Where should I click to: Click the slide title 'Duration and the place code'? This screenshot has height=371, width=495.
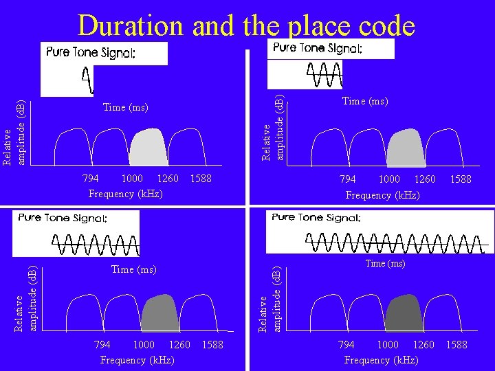[246, 26]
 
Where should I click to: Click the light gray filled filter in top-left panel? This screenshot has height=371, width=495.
[148, 148]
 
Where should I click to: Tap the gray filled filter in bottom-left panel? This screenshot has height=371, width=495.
[160, 314]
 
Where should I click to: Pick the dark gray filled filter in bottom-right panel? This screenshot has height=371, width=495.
[404, 314]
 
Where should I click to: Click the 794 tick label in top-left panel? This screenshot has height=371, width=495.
[90, 179]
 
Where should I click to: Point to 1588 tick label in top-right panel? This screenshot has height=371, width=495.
[460, 179]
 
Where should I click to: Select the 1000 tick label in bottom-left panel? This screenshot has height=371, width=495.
[143, 344]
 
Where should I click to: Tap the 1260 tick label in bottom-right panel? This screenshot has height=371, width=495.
[423, 344]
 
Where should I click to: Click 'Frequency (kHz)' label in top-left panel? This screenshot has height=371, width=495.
[126, 194]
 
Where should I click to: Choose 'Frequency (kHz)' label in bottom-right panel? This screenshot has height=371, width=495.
[381, 360]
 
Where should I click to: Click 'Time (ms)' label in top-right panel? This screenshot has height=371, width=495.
[365, 102]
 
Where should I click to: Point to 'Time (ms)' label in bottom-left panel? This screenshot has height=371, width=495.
[134, 270]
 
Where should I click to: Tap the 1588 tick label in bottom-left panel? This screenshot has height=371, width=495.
[212, 344]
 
